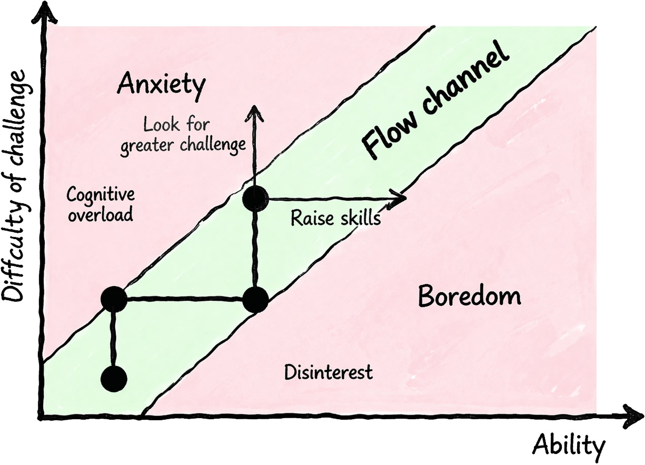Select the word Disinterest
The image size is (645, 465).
pos(328,373)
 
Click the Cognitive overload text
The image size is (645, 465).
pos(100,205)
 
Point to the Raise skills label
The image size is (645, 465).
pos(335,217)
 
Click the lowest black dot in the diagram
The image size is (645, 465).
pos(114,378)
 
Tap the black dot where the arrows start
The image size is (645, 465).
pos(255,199)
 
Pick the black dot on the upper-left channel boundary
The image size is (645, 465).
pos(114,299)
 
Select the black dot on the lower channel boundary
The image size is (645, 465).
pos(255,301)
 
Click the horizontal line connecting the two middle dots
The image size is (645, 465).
pos(184,299)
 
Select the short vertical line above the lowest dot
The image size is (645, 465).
pos(113,337)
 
